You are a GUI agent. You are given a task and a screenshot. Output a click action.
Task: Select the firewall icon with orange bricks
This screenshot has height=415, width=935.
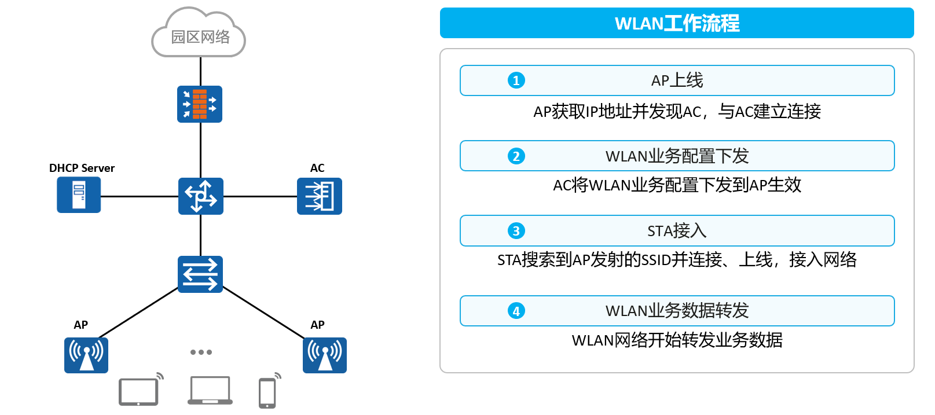(x=200, y=104)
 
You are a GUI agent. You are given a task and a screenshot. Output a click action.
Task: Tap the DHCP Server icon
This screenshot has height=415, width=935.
(x=79, y=195)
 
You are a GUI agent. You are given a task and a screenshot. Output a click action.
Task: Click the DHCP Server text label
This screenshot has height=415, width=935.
(x=82, y=168)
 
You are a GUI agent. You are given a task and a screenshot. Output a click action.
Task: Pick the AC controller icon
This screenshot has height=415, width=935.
(x=320, y=196)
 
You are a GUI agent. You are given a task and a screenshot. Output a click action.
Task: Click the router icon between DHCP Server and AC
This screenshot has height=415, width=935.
(x=201, y=196)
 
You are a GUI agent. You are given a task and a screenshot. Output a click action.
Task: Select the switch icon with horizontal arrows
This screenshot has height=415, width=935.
(x=200, y=274)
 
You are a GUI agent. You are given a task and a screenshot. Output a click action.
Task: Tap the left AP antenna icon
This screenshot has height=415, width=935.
(x=86, y=355)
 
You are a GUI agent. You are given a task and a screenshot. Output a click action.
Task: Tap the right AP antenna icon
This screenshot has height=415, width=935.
(x=325, y=355)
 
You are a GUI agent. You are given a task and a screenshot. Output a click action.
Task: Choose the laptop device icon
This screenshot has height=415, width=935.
(x=210, y=390)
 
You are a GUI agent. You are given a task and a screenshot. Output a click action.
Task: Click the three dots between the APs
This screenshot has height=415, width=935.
(x=201, y=352)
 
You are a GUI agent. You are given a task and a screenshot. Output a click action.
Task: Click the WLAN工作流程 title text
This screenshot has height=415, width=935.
(x=677, y=23)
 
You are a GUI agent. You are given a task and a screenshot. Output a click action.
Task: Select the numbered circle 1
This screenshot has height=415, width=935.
(x=516, y=80)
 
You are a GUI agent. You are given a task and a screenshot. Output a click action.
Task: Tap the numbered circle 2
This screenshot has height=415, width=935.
(x=516, y=156)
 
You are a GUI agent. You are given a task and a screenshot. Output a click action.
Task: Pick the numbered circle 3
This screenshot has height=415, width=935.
(x=516, y=230)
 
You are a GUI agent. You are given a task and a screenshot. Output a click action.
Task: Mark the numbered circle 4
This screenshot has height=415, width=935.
(x=516, y=311)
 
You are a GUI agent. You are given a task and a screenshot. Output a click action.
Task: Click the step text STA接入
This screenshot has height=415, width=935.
(x=677, y=231)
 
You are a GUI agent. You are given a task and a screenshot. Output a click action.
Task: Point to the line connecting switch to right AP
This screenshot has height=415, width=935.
(x=263, y=313)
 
